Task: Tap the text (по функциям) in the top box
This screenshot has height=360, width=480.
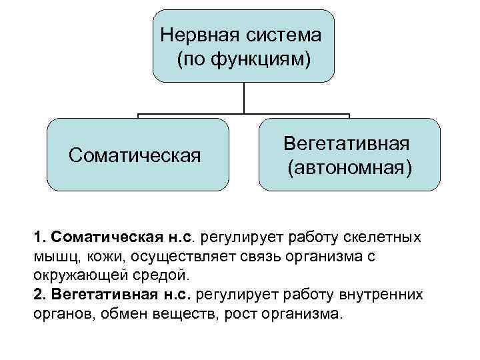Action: tap(244, 59)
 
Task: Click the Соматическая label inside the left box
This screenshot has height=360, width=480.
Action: tap(135, 156)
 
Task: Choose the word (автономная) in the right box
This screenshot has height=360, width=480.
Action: tap(349, 167)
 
